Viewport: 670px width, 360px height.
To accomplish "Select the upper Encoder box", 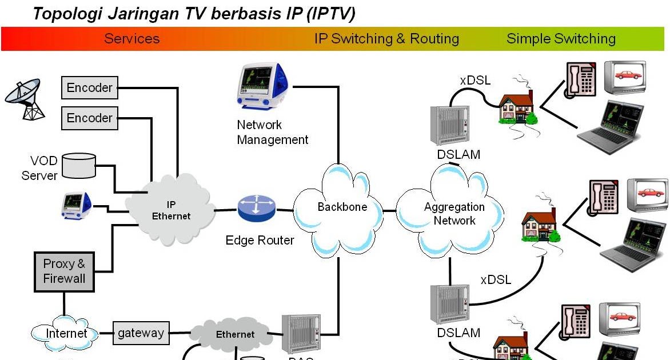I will (x=90, y=87).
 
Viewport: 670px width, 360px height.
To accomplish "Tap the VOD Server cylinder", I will (x=78, y=165).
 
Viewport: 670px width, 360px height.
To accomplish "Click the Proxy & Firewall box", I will (x=64, y=271).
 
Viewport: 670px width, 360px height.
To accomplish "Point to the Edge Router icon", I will (x=257, y=209).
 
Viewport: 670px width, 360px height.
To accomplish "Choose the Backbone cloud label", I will (x=342, y=207).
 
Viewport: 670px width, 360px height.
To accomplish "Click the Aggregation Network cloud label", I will (x=454, y=214).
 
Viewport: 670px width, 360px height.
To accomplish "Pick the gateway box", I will (x=141, y=333).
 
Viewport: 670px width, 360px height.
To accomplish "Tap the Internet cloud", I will (x=67, y=333).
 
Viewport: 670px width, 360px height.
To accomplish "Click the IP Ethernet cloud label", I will (x=171, y=210).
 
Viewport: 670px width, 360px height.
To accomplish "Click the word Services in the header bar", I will (x=131, y=39).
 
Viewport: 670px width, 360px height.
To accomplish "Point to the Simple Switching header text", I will (x=561, y=39).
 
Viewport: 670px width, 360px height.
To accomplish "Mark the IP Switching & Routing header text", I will (x=386, y=39).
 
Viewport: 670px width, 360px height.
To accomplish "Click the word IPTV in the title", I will (x=330, y=14).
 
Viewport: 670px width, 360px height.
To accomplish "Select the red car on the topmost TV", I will (x=628, y=75).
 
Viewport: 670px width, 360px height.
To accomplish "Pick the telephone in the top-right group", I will (x=581, y=78).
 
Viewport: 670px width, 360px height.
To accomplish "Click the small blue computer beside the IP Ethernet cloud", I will (x=77, y=205).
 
